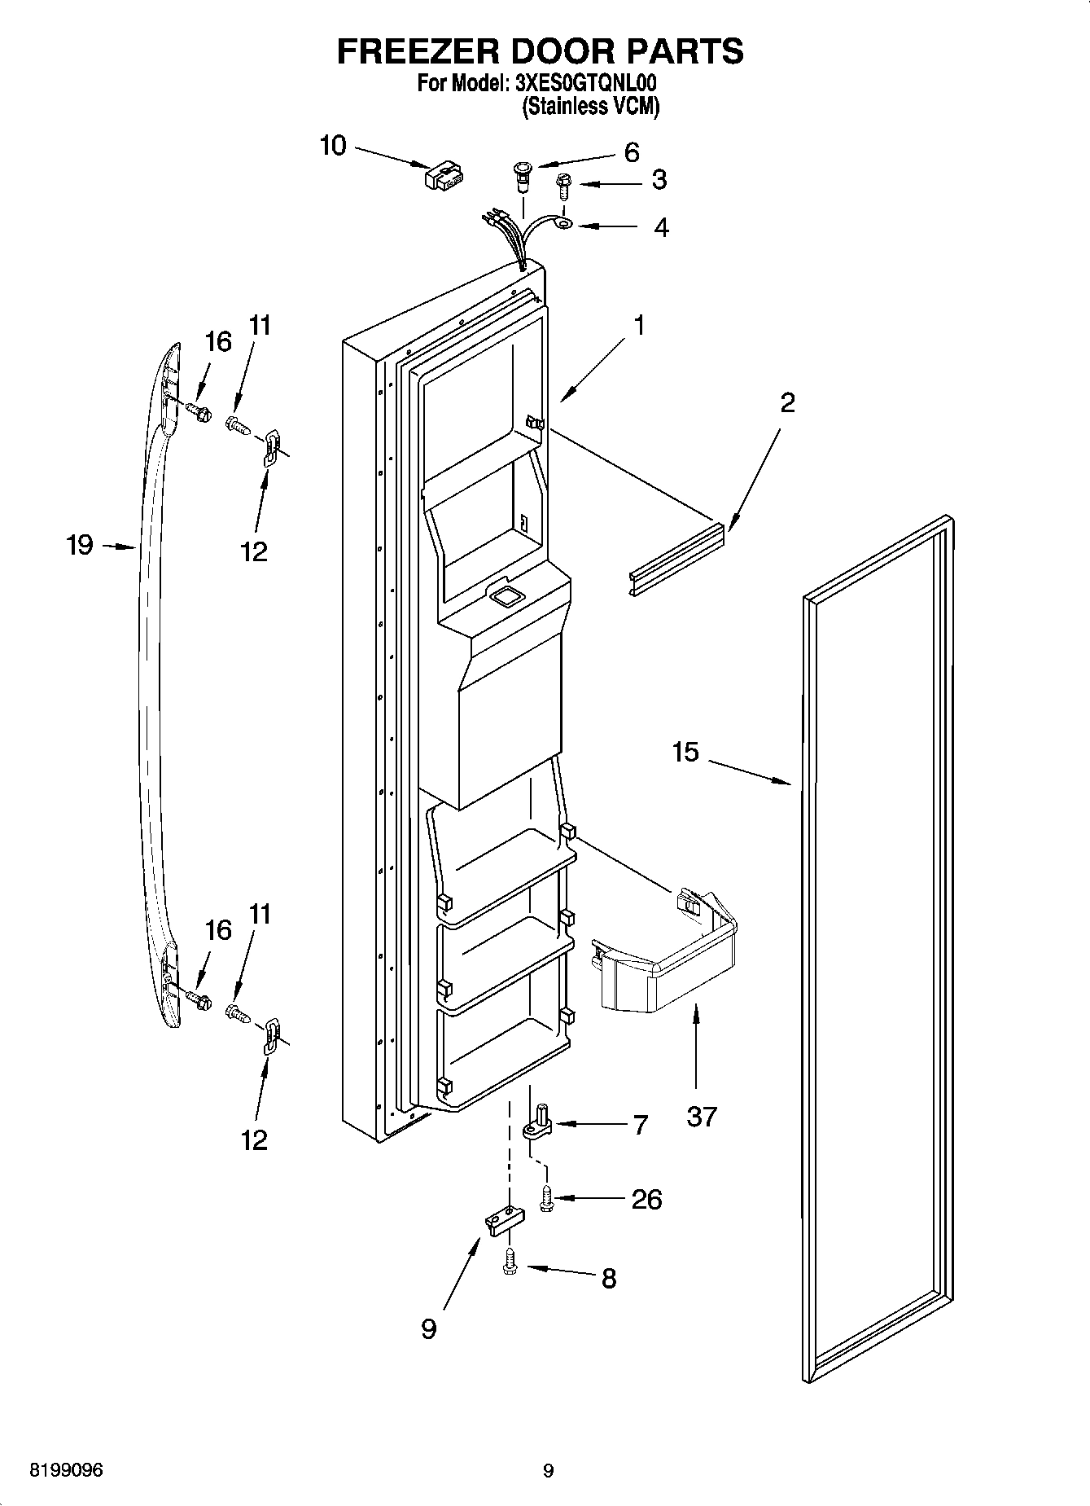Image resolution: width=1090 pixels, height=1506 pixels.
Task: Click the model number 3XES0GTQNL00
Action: point(586,83)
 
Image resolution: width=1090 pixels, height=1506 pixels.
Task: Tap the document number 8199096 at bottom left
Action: point(66,1470)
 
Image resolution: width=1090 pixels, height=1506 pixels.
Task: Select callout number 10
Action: point(332,146)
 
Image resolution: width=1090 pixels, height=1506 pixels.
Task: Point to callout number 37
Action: point(701,1115)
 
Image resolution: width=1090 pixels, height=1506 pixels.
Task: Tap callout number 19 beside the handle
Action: point(80,545)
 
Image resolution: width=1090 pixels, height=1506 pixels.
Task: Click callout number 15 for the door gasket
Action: point(685,752)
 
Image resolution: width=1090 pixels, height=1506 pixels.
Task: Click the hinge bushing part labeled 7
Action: point(538,1124)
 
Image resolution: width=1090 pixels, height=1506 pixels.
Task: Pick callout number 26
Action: point(647,1199)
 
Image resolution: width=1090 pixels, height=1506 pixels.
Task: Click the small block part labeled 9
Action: point(505,1221)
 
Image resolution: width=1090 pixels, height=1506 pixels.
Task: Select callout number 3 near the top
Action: point(659,180)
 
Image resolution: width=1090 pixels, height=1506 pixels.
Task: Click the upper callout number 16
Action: point(217,342)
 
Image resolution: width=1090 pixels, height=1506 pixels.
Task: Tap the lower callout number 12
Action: point(254,1139)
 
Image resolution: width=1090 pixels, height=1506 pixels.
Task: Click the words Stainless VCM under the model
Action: point(589,106)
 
